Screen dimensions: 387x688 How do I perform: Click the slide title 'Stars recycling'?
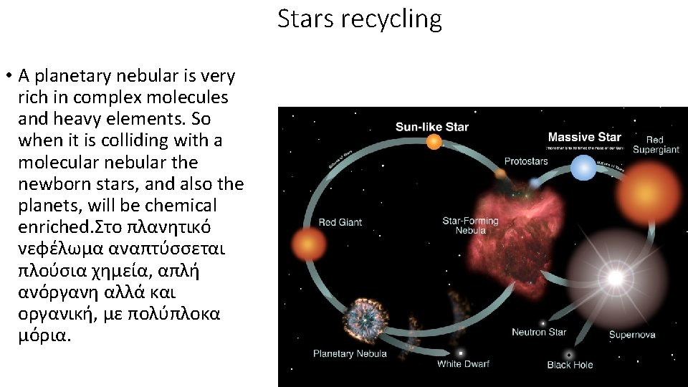click(x=359, y=19)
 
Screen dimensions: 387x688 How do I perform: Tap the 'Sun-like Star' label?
click(x=432, y=127)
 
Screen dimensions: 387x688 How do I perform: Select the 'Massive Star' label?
click(x=584, y=136)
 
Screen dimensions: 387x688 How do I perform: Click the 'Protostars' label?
click(x=526, y=161)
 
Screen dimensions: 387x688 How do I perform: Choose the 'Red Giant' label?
click(x=340, y=221)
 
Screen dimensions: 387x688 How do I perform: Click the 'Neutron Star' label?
click(x=539, y=332)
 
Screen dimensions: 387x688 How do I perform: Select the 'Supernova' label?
click(x=631, y=334)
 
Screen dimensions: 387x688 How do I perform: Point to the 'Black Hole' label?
click(x=570, y=365)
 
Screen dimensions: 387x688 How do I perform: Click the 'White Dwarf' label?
click(x=463, y=364)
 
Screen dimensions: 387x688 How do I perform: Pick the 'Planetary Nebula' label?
click(x=350, y=353)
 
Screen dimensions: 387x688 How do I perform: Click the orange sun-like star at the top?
click(x=434, y=142)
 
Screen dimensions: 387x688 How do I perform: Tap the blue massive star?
click(x=583, y=168)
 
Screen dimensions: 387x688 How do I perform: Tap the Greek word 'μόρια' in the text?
click(x=44, y=336)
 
